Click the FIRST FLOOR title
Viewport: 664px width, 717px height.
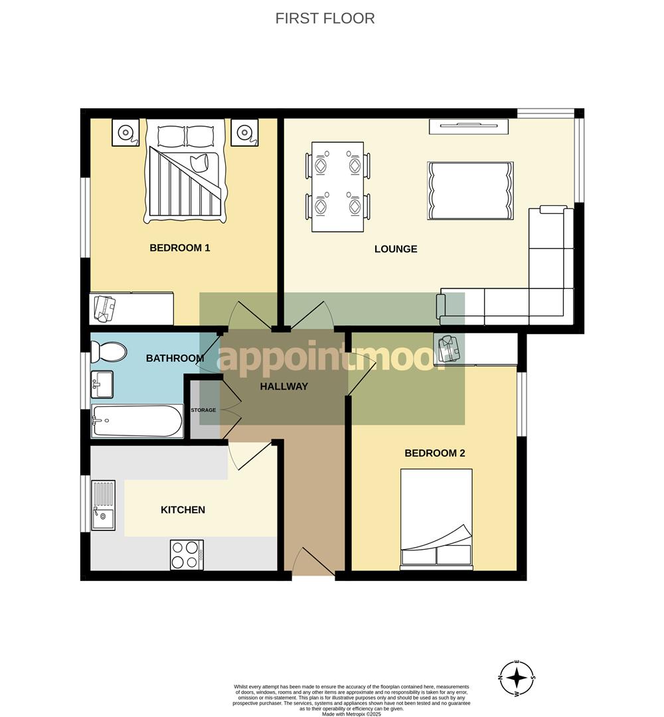pyautogui.click(x=325, y=19)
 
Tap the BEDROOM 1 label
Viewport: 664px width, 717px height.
pyautogui.click(x=179, y=248)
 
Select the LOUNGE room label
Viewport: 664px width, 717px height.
pyautogui.click(x=396, y=250)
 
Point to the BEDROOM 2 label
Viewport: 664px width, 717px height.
pyautogui.click(x=434, y=453)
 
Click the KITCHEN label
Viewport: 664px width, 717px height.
pyautogui.click(x=183, y=510)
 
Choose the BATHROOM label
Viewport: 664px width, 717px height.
pyautogui.click(x=175, y=358)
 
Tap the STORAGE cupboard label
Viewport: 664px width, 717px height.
pyautogui.click(x=203, y=410)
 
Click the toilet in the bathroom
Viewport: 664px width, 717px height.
pyautogui.click(x=108, y=351)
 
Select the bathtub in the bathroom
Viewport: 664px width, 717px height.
pyautogui.click(x=137, y=421)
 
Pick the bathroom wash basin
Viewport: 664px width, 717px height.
pyautogui.click(x=103, y=384)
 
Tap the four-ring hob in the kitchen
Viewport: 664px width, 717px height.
pyautogui.click(x=187, y=554)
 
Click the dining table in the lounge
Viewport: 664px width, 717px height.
pyautogui.click(x=337, y=187)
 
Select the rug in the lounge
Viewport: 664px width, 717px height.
pyautogui.click(x=470, y=191)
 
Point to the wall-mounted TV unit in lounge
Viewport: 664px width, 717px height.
pyautogui.click(x=468, y=125)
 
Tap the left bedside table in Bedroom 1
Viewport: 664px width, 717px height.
pyautogui.click(x=125, y=132)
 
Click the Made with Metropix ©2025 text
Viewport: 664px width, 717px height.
pyautogui.click(x=351, y=714)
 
